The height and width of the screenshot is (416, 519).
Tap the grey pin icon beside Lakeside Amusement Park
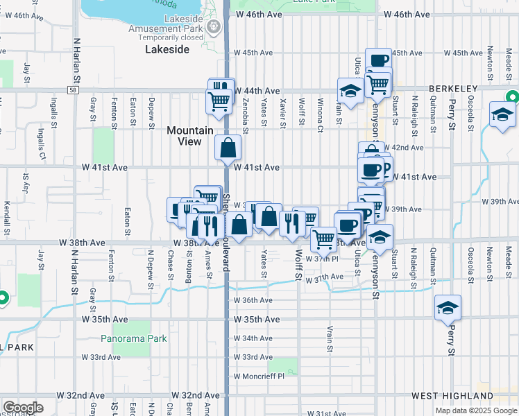pos(214,28)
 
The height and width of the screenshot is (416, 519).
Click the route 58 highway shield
pos(72,89)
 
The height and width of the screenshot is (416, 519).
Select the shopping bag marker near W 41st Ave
pos(228,148)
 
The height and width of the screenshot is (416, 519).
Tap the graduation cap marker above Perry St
pos(448,307)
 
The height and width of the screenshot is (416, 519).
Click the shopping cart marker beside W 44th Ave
pos(219,101)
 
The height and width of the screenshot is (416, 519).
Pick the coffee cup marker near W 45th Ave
pos(379,61)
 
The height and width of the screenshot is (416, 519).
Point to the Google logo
pos(23,408)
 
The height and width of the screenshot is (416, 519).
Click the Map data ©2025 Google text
pos(475,410)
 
